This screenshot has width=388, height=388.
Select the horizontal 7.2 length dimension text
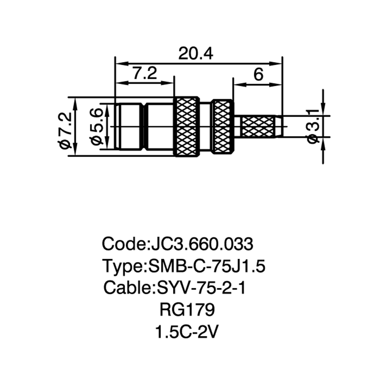click(x=145, y=73)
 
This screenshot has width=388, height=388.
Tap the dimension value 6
click(x=258, y=74)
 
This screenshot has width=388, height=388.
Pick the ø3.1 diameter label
click(x=313, y=126)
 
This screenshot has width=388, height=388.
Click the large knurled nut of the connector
click(x=186, y=126)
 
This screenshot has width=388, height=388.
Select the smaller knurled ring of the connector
click(x=223, y=126)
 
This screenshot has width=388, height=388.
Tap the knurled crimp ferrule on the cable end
click(x=258, y=126)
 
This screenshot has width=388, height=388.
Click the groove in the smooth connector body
click(x=144, y=126)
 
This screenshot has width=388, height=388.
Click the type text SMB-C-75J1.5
click(x=207, y=266)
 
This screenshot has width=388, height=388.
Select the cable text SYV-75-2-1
click(x=201, y=288)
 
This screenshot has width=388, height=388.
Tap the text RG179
click(x=187, y=310)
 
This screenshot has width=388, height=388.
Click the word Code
click(x=124, y=244)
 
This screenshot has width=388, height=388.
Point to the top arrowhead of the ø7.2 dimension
click(x=76, y=103)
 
